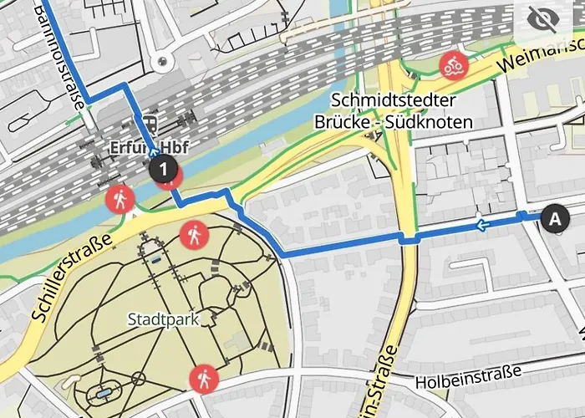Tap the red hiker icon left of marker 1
pos(120,199)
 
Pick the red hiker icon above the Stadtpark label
pos(194,236)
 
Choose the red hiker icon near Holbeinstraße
pos(203,380)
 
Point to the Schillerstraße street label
pos(72,279)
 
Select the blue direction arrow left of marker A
pos(481,224)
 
